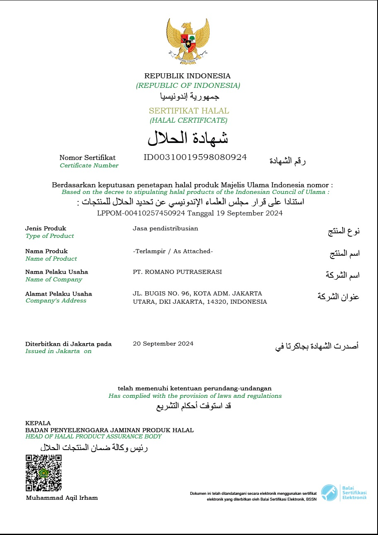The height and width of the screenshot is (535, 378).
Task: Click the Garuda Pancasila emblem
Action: pos(188,41)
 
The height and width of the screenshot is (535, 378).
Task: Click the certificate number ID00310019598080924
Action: pos(195,157)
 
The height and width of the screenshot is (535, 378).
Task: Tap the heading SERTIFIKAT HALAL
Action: pos(189,111)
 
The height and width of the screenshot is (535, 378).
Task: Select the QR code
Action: pos(44,472)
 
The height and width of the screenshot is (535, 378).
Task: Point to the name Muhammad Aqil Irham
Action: pos(62,498)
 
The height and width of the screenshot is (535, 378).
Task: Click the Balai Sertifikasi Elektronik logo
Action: pos(344,493)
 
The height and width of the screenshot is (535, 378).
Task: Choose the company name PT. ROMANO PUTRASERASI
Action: pos(177,272)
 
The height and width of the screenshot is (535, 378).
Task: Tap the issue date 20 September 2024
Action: pos(163,344)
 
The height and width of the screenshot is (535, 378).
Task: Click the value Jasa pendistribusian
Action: pos(165,228)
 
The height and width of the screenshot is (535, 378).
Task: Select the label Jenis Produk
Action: pos(46,228)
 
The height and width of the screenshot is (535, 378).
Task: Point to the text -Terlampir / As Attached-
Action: pos(173,251)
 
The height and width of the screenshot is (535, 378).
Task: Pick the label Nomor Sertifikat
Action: pos(87,157)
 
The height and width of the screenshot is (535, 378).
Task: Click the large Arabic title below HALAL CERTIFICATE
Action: pos(188,138)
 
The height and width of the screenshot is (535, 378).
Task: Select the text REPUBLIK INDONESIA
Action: pos(187,76)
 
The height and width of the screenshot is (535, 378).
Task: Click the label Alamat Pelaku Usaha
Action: pos(58,294)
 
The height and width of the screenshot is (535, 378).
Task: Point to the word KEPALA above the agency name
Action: pos(38,423)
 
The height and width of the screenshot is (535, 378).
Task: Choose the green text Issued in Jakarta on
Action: pos(58,351)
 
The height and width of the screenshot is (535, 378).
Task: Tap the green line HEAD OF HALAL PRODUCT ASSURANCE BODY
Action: pos(93,437)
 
